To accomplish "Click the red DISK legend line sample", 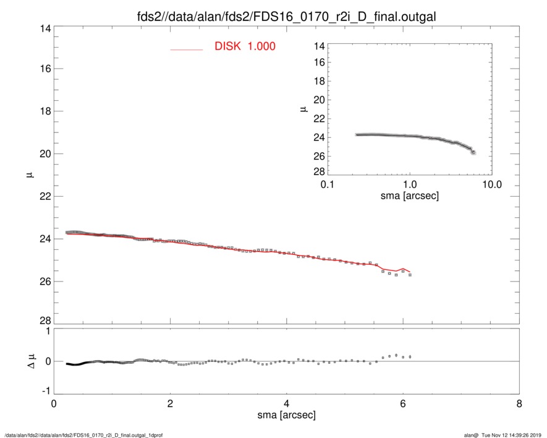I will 187,49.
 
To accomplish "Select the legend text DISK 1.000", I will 245,47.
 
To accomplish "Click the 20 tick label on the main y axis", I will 43,153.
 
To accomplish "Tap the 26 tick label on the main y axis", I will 43,281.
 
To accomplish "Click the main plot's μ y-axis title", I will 29,176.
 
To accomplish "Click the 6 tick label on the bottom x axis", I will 402,405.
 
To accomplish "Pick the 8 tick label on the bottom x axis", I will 519,405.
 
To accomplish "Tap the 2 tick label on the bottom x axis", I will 170,405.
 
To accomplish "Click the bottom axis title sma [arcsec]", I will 286,416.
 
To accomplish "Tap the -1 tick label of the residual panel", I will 43,392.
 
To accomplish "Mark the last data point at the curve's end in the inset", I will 473,152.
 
